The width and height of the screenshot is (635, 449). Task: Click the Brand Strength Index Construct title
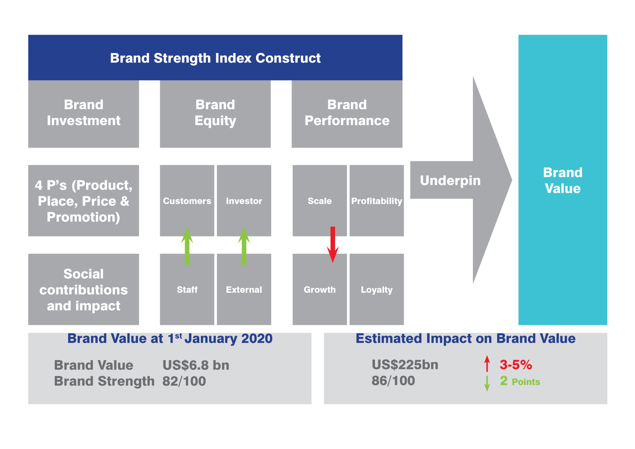click(215, 58)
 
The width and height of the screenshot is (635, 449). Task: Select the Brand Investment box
click(84, 114)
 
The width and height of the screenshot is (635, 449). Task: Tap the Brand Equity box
click(215, 114)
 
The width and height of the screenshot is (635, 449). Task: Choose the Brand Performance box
click(347, 114)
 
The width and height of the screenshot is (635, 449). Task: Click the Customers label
click(187, 201)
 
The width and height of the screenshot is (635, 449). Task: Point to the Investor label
click(244, 201)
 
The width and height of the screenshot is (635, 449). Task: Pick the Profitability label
click(377, 201)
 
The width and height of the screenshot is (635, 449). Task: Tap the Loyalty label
click(377, 290)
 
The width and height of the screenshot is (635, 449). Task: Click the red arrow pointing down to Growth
click(333, 245)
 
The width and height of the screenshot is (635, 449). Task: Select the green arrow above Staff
click(187, 246)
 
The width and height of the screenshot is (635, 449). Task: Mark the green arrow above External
click(244, 246)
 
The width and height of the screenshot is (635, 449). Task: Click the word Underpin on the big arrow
click(450, 181)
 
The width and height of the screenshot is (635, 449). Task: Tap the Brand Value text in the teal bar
click(563, 180)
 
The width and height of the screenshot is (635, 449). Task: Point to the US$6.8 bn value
click(196, 365)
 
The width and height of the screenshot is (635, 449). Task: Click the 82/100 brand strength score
click(184, 381)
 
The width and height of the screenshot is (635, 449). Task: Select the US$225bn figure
click(405, 365)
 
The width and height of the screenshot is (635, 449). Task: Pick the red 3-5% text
click(516, 365)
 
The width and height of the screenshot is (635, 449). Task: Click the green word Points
click(526, 382)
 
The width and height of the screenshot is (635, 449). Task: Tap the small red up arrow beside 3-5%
click(487, 363)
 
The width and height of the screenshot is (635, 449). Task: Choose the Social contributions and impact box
click(84, 289)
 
